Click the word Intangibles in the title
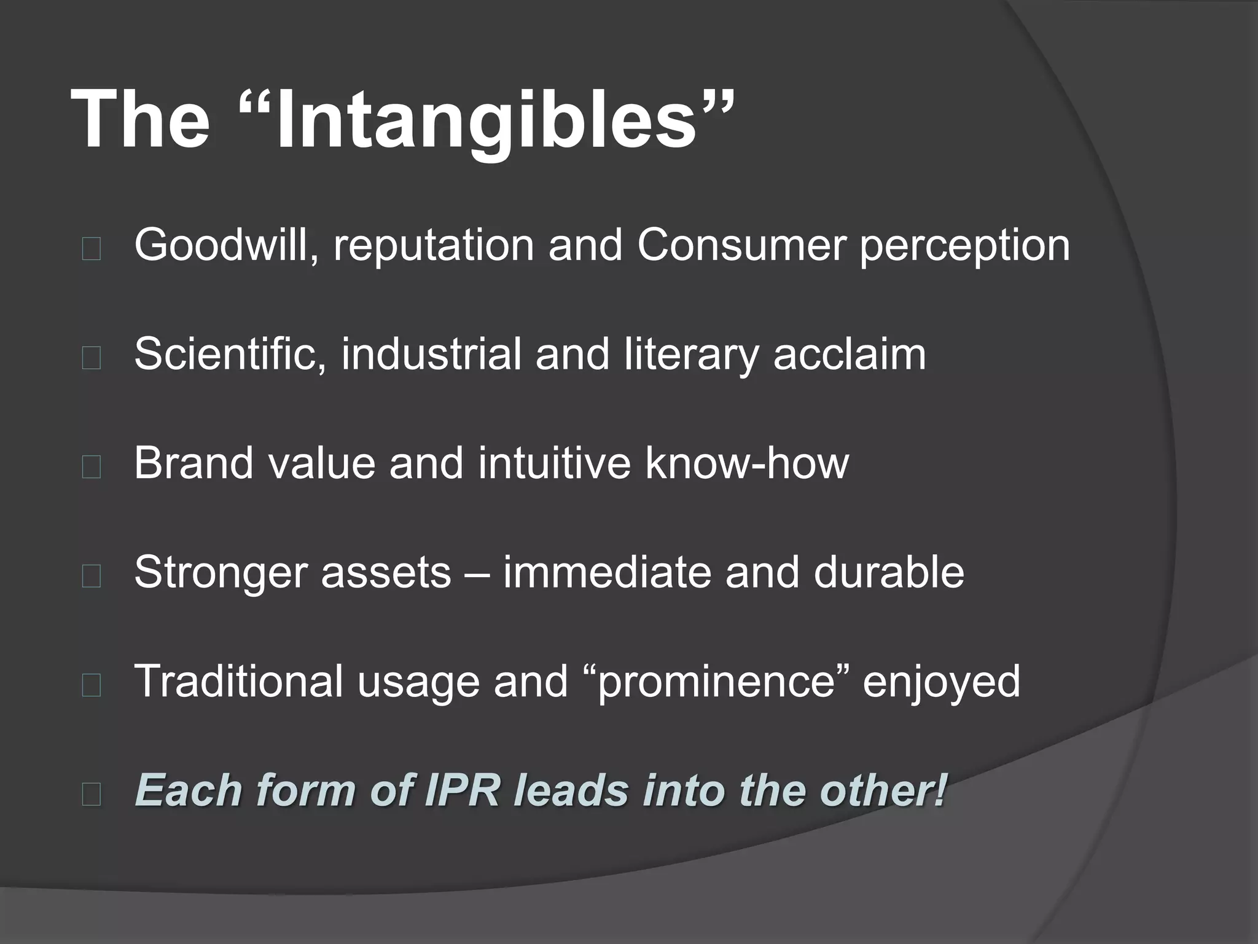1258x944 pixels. pos(485,120)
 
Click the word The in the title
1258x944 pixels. pos(140,120)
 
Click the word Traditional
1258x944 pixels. pos(238,681)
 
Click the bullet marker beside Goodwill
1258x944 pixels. pos(91,250)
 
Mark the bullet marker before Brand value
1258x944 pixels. pos(91,468)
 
